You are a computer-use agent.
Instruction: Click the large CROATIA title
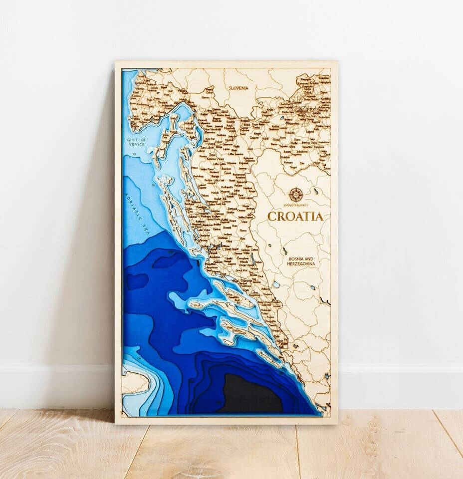[x=295, y=217]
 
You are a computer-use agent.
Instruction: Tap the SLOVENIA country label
[x=238, y=88]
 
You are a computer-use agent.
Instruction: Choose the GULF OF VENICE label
[x=136, y=142]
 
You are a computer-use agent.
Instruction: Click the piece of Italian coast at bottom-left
[x=134, y=382]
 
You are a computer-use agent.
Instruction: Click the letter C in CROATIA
[x=272, y=217]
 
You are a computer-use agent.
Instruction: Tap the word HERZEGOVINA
[x=301, y=264]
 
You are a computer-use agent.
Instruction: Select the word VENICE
[x=137, y=145]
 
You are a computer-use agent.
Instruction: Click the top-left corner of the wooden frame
[x=116, y=63]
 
